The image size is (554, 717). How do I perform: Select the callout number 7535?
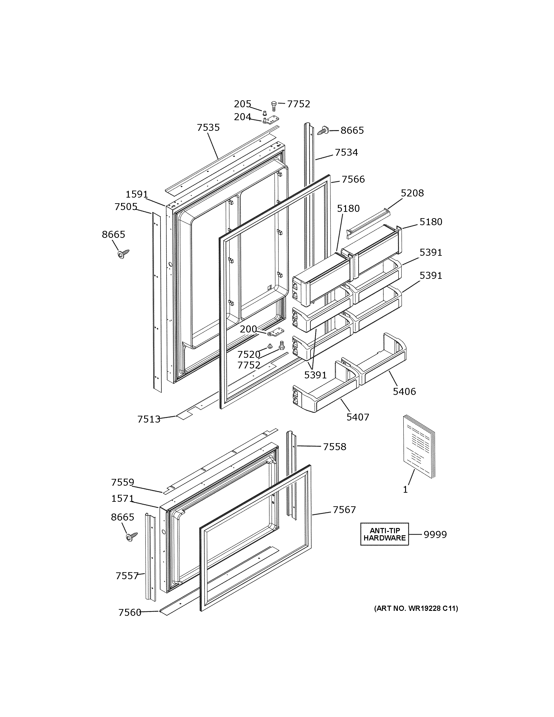coord(208,127)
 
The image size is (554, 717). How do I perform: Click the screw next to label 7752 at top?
coord(274,106)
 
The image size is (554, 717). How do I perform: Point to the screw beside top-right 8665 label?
coord(322,130)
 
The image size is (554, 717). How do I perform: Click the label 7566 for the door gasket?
coord(353,179)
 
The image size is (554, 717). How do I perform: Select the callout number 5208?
coord(412,193)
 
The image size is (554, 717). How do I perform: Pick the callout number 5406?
coord(404,391)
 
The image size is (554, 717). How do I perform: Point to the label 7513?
coord(149,419)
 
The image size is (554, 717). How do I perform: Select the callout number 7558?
coord(334,447)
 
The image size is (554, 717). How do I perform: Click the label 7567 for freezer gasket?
coord(344,510)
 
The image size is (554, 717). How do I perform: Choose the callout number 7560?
coord(130,613)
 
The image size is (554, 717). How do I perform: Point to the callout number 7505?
coord(126,207)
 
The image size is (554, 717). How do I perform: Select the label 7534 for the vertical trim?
coord(346,152)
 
